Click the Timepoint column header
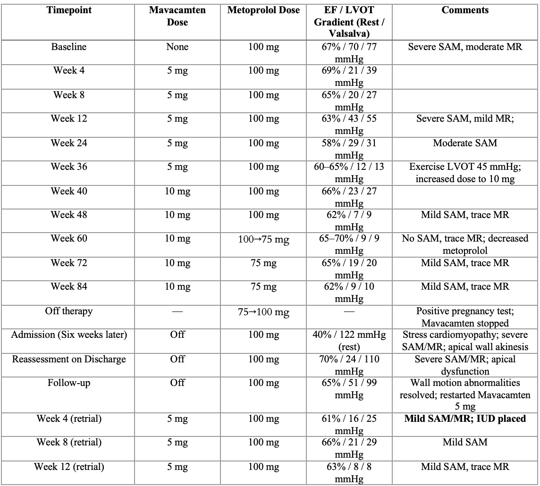(x=69, y=10)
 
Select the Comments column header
(x=465, y=10)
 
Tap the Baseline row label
(x=69, y=47)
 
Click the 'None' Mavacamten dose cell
(x=177, y=47)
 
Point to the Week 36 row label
(x=69, y=167)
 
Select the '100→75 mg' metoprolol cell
(x=263, y=240)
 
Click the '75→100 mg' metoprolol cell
(x=263, y=312)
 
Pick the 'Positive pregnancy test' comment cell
(x=465, y=317)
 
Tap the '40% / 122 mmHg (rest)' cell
(x=349, y=341)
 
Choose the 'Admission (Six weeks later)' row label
(x=69, y=335)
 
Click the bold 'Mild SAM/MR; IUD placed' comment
(x=465, y=419)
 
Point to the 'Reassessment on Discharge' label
(x=69, y=360)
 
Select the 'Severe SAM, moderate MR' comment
(x=465, y=47)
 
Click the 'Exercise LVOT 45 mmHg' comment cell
(x=465, y=173)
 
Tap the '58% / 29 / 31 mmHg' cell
(x=349, y=149)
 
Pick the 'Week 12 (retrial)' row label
(x=69, y=467)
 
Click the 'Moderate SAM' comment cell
(x=465, y=143)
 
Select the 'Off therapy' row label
(x=69, y=311)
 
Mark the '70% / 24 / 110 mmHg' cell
(x=349, y=365)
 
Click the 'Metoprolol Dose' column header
(x=263, y=10)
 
